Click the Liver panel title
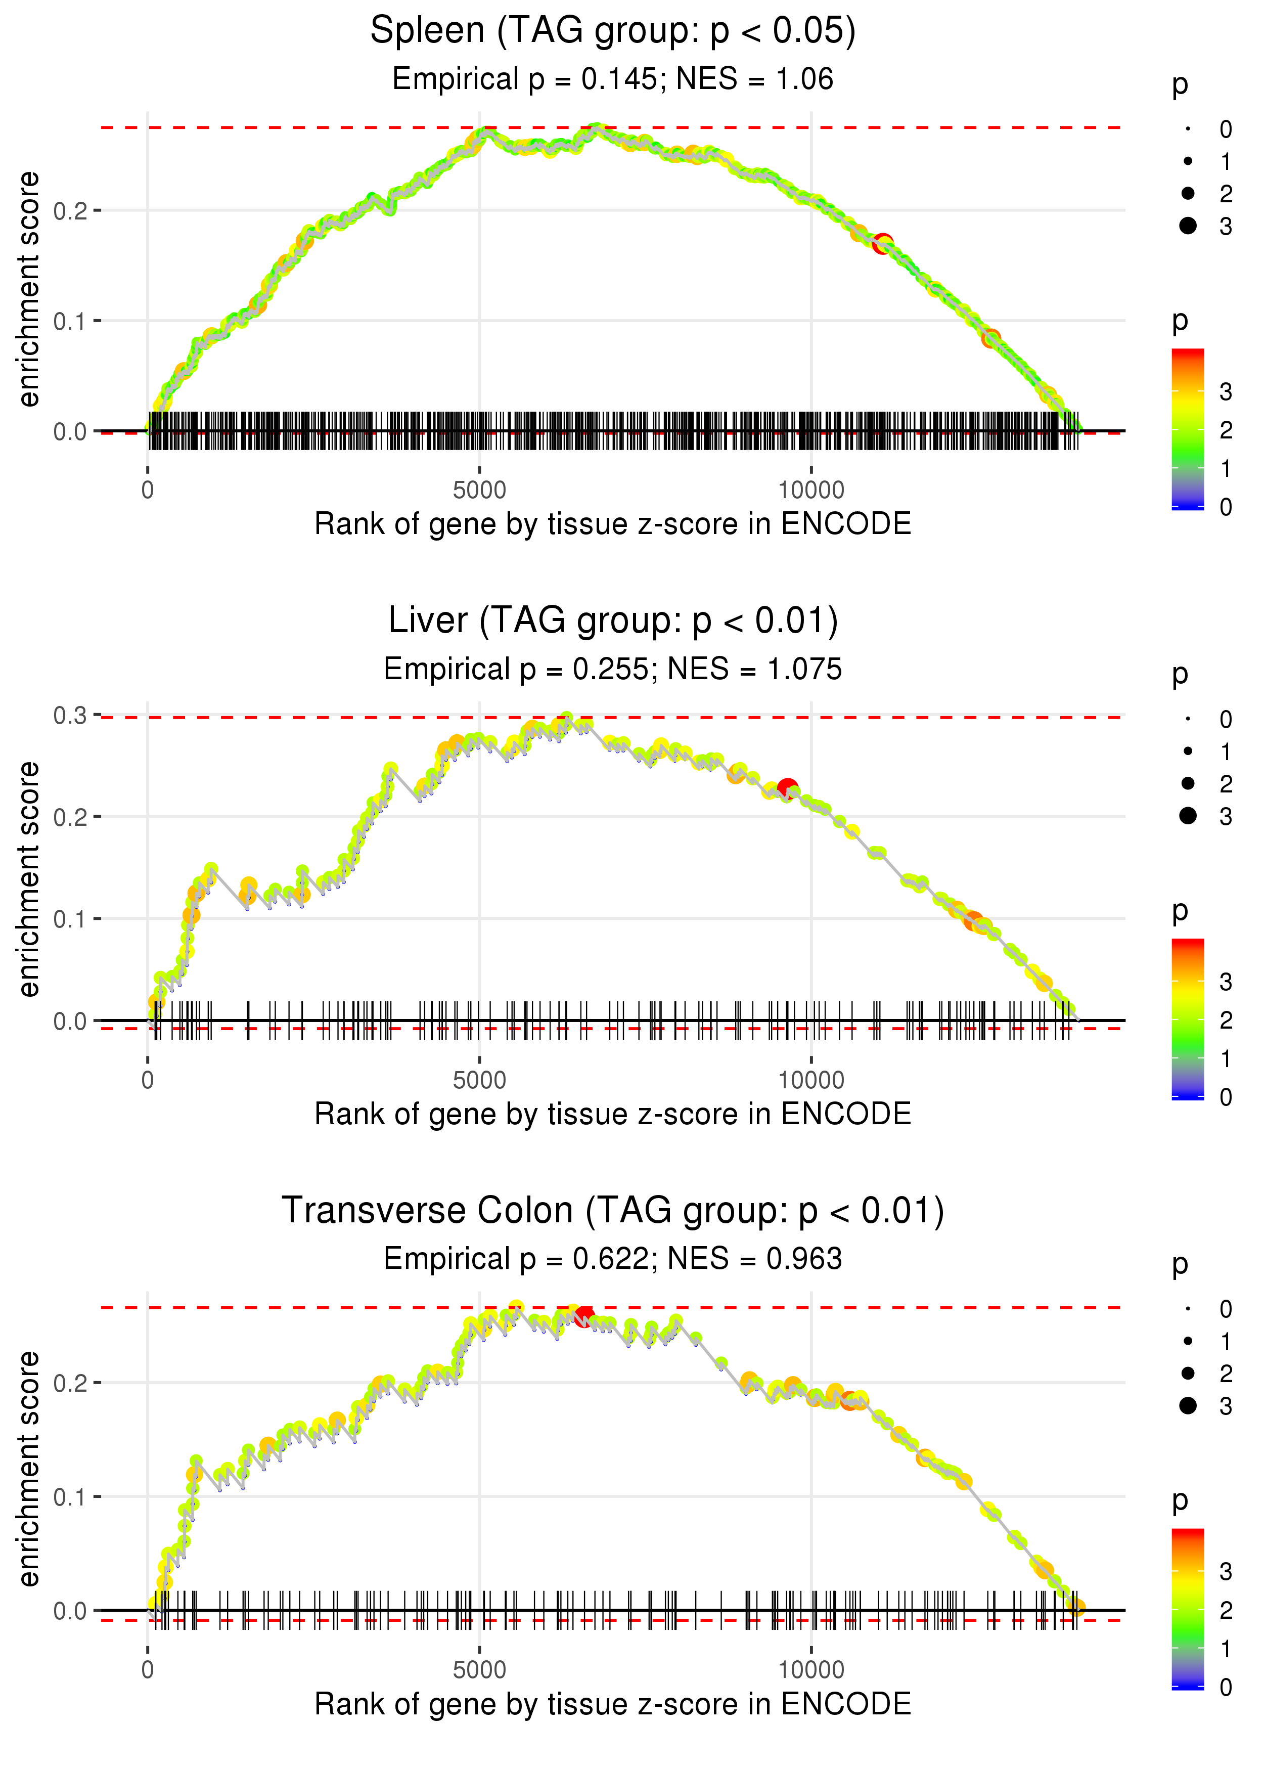[613, 621]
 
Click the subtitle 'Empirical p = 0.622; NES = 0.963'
[613, 1259]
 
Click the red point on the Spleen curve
[882, 244]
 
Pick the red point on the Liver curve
[788, 788]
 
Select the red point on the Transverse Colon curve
[584, 1316]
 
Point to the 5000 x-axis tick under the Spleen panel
[479, 491]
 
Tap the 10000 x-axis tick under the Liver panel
[811, 1080]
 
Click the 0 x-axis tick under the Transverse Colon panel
[148, 1670]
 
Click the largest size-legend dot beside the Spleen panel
[1188, 226]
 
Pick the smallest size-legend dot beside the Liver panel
[1188, 719]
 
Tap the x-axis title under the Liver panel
[613, 1114]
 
